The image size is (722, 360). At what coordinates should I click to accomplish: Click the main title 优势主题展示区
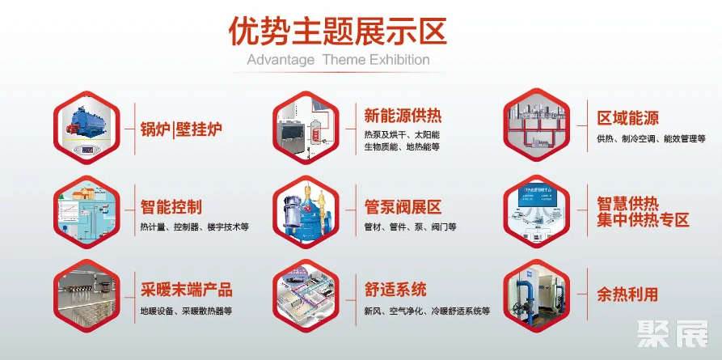337,32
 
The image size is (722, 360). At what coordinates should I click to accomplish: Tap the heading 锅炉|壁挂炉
181,129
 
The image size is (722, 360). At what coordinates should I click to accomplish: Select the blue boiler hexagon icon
87,127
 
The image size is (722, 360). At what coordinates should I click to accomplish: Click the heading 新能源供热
403,116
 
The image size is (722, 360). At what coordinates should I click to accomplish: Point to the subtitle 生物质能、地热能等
402,147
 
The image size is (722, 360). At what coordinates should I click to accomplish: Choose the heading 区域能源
628,117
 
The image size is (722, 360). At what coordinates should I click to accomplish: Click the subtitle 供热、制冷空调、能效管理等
651,139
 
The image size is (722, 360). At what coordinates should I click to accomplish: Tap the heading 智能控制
171,207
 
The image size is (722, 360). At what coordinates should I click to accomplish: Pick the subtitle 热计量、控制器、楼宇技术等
195,227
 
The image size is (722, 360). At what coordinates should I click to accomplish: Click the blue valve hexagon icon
306,212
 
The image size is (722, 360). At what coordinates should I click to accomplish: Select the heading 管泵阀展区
403,207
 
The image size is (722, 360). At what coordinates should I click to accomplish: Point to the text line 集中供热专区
644,220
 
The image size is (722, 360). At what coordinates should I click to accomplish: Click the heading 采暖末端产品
187,290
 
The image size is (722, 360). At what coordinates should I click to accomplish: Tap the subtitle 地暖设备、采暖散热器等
186,311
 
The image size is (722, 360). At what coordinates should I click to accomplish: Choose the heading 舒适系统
395,290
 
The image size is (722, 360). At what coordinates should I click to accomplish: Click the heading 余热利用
627,294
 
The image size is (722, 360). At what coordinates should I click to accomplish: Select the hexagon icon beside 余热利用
536,295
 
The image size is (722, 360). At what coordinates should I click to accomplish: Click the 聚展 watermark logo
673,334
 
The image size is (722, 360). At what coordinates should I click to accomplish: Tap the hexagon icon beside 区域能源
536,125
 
